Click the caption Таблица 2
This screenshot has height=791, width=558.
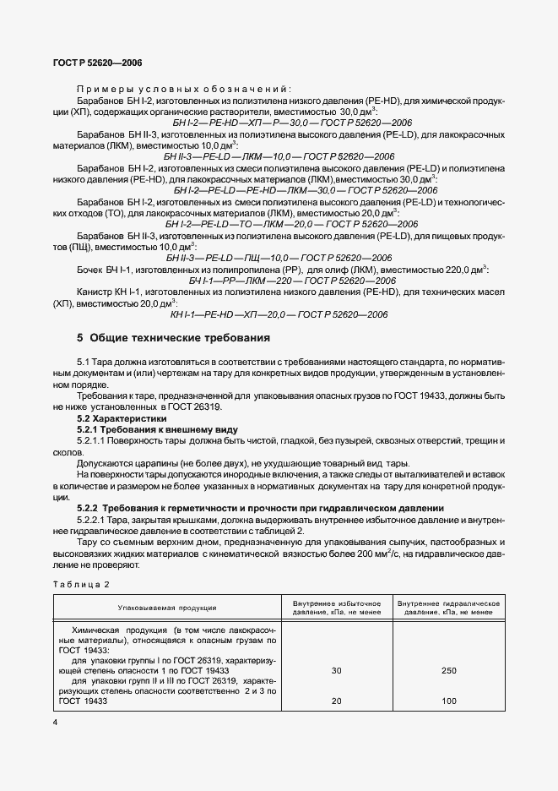point(82,585)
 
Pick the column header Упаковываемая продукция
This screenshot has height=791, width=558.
point(167,607)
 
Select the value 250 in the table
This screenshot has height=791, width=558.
point(449,670)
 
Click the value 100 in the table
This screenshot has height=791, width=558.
point(449,701)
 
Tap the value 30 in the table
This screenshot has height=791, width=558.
point(337,670)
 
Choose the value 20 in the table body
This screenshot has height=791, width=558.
point(337,701)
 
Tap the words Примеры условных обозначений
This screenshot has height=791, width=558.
point(183,89)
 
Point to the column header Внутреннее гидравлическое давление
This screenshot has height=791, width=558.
point(449,607)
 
